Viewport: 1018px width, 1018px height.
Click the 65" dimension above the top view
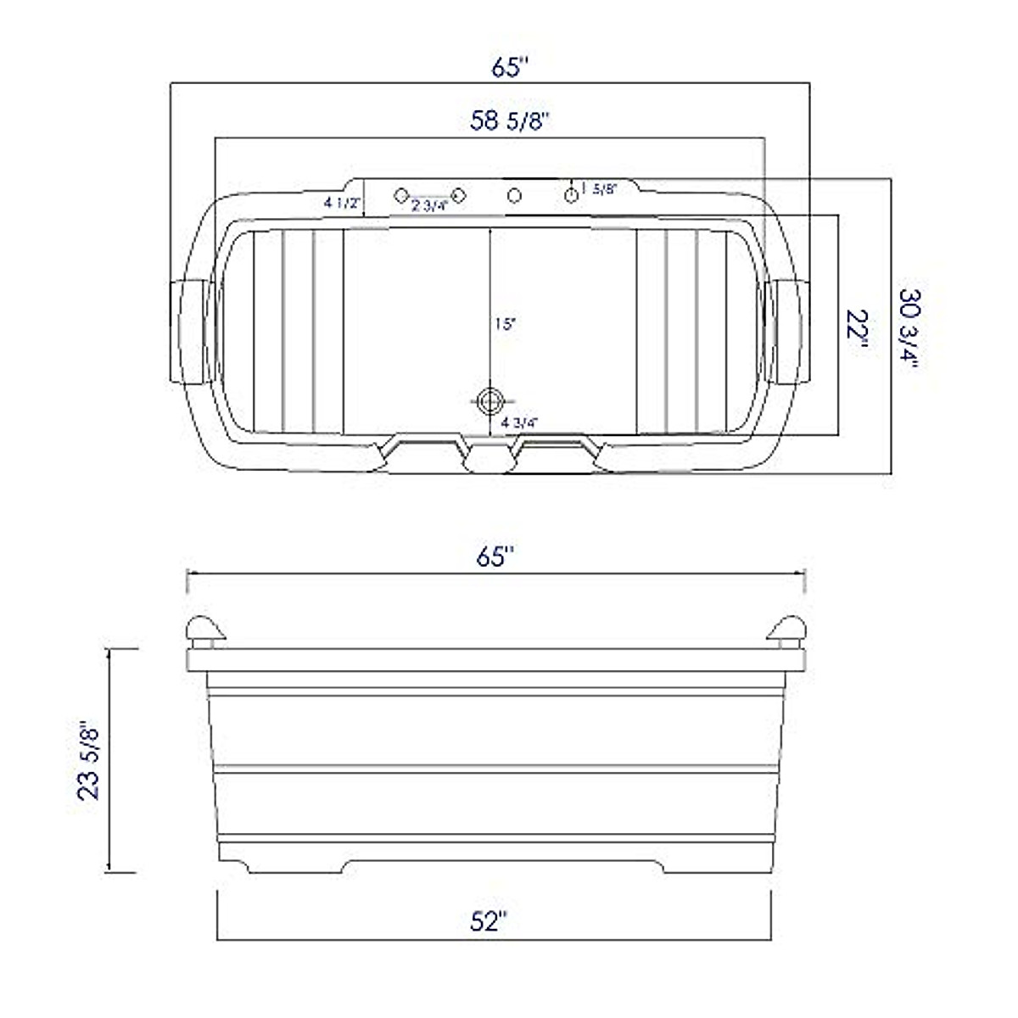[510, 67]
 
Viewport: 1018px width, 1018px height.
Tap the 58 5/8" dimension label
[511, 121]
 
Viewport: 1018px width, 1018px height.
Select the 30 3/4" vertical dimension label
[910, 330]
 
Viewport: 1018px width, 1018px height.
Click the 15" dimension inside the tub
[505, 324]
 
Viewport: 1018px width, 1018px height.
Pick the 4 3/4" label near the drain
[520, 422]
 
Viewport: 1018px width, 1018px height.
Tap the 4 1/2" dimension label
[342, 203]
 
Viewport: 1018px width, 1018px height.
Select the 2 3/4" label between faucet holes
[429, 206]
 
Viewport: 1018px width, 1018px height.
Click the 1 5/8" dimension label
[599, 188]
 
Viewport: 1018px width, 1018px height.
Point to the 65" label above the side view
[495, 557]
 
